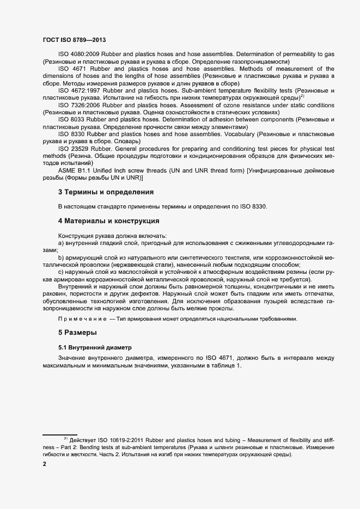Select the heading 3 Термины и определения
click(x=106, y=192)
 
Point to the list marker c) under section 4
click(x=62, y=271)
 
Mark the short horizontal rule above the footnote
click(x=60, y=434)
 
